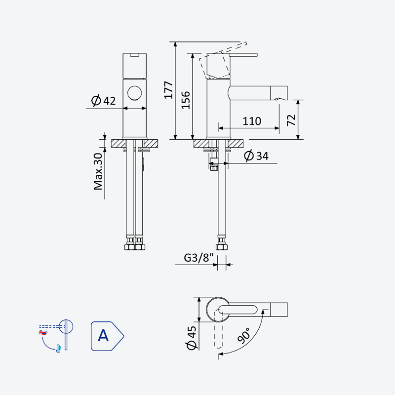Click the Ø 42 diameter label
pos(103,101)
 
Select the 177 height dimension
pos(168,90)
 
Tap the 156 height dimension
pos(186,100)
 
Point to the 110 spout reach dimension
pos(252,121)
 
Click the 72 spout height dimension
pos(291,120)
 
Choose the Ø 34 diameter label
pos(256,156)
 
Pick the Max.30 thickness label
pos(98,171)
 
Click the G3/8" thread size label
pos(199,258)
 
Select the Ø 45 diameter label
pos(192,338)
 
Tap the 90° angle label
pos(243,336)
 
